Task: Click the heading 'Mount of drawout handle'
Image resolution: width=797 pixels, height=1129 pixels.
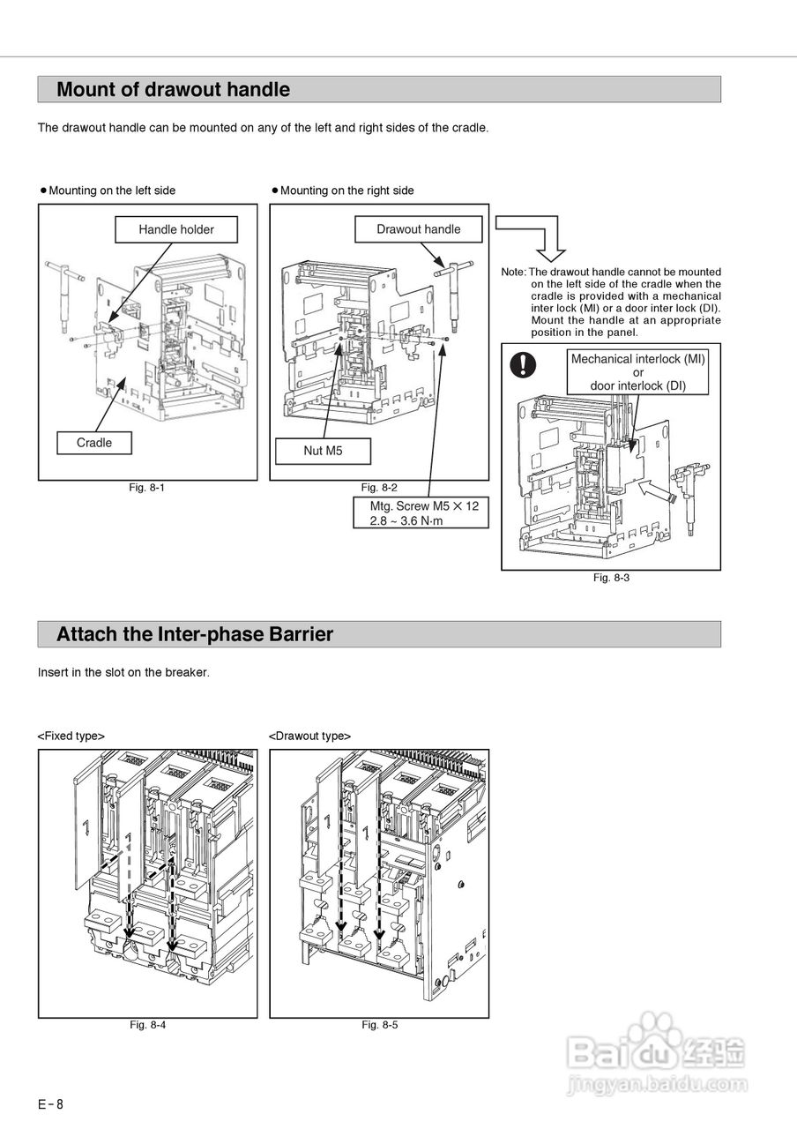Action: click(x=173, y=89)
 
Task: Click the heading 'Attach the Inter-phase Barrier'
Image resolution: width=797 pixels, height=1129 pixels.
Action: click(x=195, y=634)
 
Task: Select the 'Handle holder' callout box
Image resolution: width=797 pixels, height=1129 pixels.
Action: click(x=176, y=229)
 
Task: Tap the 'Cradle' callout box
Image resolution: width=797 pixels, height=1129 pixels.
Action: click(x=94, y=443)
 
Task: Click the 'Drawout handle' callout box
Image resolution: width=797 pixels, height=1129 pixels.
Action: click(x=418, y=229)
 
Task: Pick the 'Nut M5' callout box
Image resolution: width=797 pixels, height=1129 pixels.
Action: click(x=323, y=451)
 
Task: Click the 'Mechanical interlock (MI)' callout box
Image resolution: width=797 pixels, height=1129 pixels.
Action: click(x=638, y=372)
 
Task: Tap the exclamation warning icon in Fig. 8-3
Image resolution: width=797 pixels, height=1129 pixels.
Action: click(x=525, y=363)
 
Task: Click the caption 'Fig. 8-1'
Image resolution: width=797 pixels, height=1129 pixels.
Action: click(x=147, y=488)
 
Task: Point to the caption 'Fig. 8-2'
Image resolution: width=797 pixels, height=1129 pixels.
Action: click(x=379, y=488)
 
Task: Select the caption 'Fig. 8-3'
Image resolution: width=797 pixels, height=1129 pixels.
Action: click(x=611, y=578)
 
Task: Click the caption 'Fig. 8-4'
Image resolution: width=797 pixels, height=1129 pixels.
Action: click(x=147, y=1025)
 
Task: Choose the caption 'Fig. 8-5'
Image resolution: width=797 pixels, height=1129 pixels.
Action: click(x=379, y=1025)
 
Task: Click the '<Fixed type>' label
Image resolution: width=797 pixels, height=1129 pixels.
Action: click(x=71, y=736)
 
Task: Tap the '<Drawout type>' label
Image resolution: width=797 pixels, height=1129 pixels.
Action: click(x=309, y=736)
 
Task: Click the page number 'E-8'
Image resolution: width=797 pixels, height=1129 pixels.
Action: click(x=50, y=1104)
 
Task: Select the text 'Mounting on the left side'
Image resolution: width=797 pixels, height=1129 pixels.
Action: click(x=112, y=191)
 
